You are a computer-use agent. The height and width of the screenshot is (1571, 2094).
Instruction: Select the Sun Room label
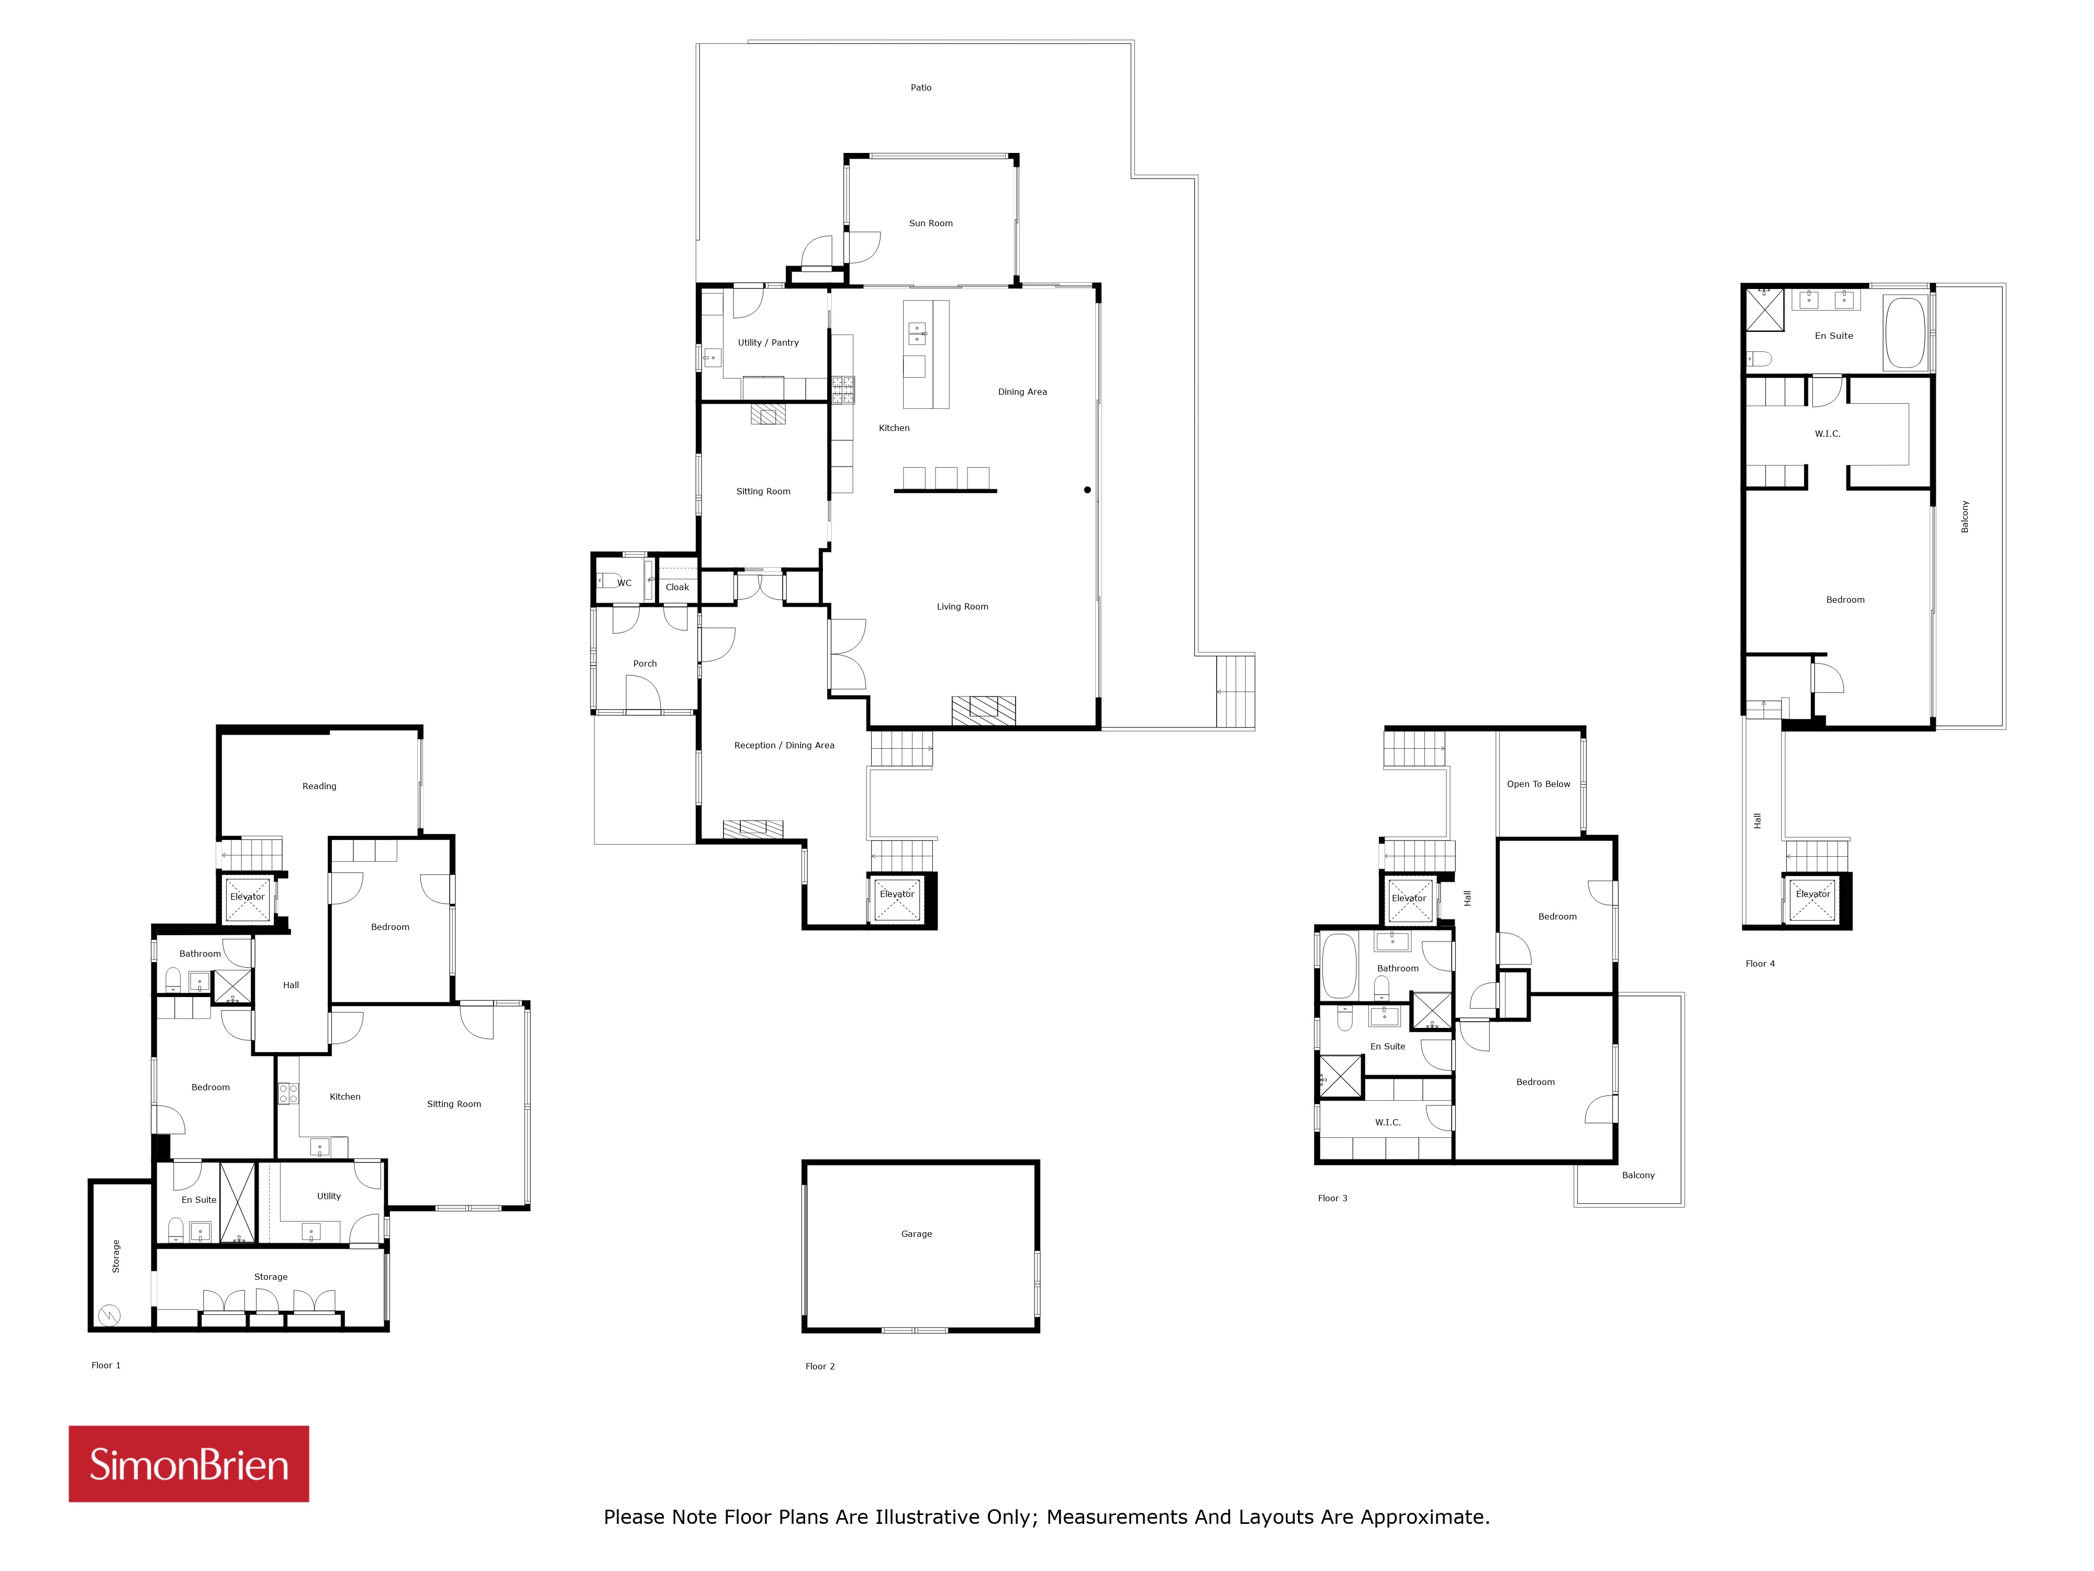931,224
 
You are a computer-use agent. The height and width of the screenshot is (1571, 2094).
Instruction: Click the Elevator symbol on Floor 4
1813,897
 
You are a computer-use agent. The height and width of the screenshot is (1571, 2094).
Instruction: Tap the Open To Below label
1539,784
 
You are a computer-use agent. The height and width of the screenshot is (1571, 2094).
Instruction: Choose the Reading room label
319,786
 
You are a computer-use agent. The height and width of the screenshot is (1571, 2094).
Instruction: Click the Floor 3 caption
1332,1198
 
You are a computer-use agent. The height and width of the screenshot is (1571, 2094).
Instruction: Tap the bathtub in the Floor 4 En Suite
1904,333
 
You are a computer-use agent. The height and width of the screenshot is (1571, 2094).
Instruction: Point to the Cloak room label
677,587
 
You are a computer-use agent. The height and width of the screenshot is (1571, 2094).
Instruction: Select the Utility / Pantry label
768,343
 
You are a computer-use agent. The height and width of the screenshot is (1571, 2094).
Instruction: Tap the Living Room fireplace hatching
984,710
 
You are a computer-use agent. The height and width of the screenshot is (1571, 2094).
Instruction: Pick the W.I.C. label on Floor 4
1827,434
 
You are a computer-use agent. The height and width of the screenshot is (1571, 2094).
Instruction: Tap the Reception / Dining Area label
784,745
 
